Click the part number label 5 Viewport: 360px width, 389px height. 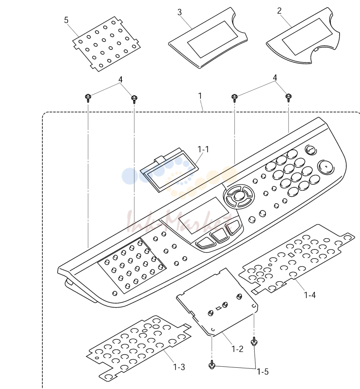pos(66,20)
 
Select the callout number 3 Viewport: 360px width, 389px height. pos(180,12)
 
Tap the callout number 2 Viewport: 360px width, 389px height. pos(280,11)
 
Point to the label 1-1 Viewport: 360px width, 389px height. pos(203,149)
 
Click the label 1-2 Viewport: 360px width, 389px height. pos(237,349)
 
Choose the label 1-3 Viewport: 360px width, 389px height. pos(179,367)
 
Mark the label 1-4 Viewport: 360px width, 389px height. pos(310,295)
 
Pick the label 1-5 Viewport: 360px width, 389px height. pos(263,372)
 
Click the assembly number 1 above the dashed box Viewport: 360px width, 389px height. pos(200,96)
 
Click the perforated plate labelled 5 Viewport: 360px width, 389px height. pos(106,44)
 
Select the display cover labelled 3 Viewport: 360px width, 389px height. pos(208,38)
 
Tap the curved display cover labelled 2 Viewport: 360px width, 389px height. pos(303,36)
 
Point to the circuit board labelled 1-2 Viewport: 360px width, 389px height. pos(217,302)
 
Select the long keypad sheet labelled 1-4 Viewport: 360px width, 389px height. pos(296,258)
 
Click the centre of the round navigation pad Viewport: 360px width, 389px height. pos(239,196)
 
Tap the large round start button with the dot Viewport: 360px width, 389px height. pos(326,166)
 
